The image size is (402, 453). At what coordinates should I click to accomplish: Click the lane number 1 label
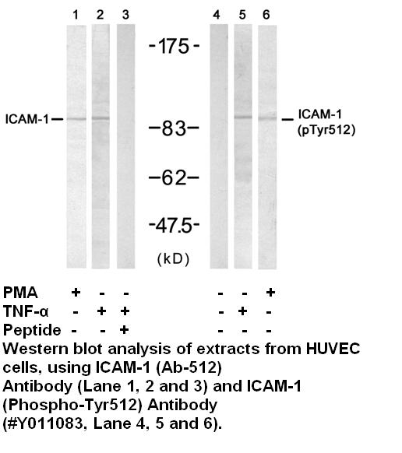coord(76,15)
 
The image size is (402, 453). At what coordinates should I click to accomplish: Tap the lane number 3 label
coord(125,15)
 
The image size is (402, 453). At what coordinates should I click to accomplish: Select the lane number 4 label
coord(217,15)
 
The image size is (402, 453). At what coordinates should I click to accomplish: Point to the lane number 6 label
coord(266,15)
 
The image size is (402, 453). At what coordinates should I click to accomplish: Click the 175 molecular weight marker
coord(174,46)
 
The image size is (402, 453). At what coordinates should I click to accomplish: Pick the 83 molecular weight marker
coord(174,128)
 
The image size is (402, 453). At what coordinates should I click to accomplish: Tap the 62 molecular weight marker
coord(174,177)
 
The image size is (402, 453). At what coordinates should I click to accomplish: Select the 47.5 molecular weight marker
coord(174,226)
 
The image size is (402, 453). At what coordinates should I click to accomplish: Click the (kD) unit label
coord(173,259)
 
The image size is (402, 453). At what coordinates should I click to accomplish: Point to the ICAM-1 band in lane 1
coord(76,118)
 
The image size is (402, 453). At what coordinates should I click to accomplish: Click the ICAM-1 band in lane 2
coord(100,118)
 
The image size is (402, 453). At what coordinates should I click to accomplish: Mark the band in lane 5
coord(243,117)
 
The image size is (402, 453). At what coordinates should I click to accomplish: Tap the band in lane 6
coord(267,118)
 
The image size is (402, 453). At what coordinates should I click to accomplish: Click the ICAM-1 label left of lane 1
coord(27,119)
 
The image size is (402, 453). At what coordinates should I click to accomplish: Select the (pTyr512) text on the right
coord(326,130)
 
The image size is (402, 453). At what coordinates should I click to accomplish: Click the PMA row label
coord(20,293)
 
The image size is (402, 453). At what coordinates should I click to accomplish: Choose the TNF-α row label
coord(26,311)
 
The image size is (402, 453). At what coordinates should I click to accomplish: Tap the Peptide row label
coord(32,330)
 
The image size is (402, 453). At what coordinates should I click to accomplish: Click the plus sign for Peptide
coord(125,330)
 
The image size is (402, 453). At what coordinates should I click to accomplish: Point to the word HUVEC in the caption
coord(333,349)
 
